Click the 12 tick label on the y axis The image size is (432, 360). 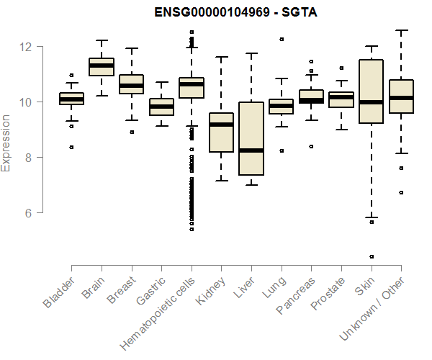(x=27, y=47)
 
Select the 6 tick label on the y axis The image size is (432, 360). (x=27, y=212)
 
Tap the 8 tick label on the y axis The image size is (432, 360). (x=27, y=157)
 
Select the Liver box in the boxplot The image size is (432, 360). (x=251, y=138)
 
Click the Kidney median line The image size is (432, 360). (x=221, y=125)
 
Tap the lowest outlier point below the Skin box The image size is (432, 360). (x=372, y=256)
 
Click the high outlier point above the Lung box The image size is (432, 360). (x=282, y=39)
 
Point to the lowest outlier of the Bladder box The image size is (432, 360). (x=71, y=147)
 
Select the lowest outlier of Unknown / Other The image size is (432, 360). (x=401, y=192)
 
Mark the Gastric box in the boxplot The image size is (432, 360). (x=161, y=107)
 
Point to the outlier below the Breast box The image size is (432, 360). (x=131, y=132)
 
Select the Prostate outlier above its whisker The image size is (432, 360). (x=341, y=68)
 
